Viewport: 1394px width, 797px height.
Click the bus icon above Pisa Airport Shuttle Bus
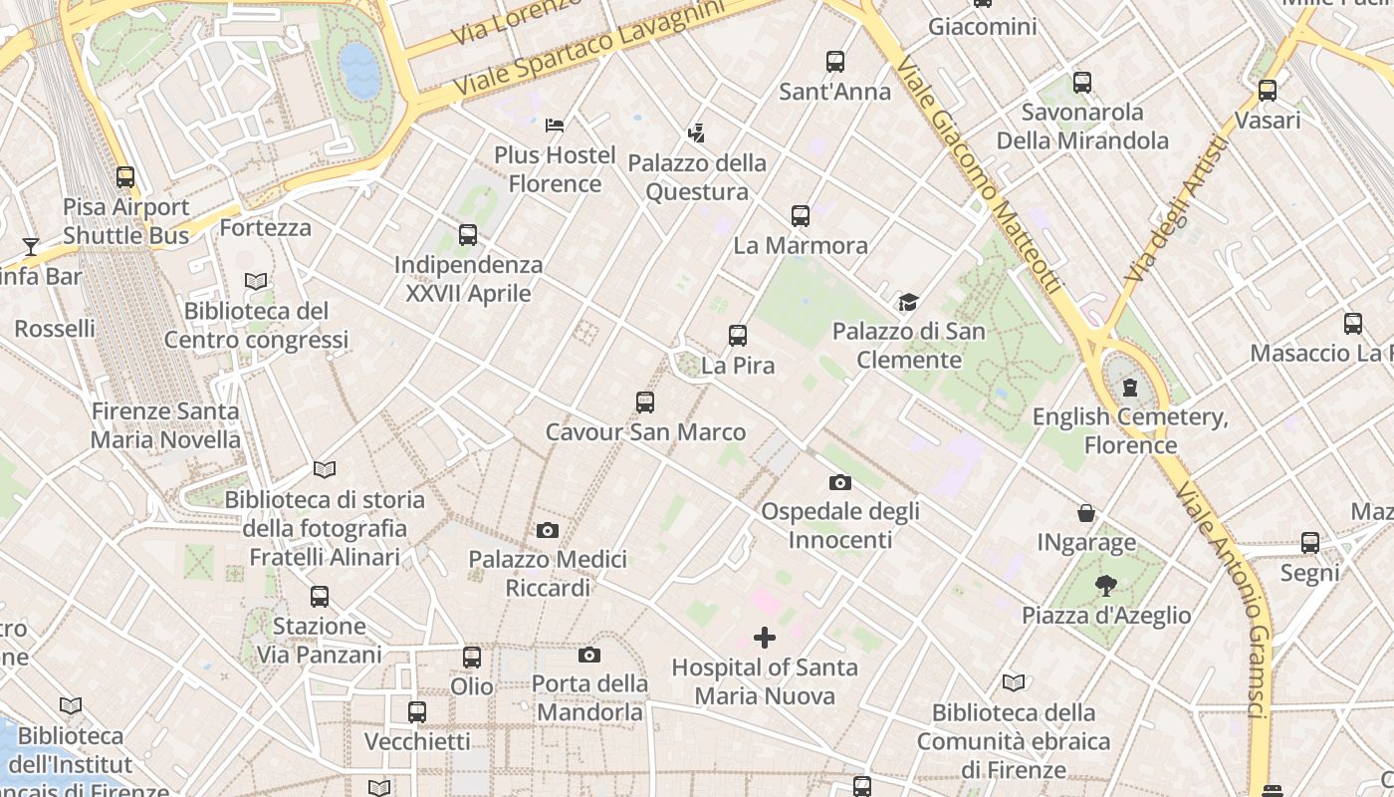[x=125, y=177]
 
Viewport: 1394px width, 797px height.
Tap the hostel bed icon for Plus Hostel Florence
[x=555, y=126]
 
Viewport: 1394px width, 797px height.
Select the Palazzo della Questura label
[x=697, y=177]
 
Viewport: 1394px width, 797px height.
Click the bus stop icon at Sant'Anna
[x=835, y=62]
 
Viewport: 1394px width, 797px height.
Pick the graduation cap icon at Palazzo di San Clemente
[x=908, y=302]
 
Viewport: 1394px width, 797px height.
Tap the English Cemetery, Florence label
[x=1130, y=430]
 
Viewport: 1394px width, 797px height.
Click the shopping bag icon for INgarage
[x=1086, y=513]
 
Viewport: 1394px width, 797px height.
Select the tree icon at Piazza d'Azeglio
[x=1105, y=586]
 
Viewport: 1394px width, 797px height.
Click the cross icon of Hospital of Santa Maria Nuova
[x=765, y=638]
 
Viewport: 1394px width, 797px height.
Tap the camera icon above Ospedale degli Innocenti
[x=840, y=482]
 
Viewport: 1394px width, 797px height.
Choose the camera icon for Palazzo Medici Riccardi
[x=548, y=530]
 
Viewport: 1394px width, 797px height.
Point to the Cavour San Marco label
[x=645, y=432]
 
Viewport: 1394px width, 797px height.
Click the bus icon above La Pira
[x=738, y=336]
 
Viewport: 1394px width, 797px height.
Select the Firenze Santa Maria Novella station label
[x=165, y=425]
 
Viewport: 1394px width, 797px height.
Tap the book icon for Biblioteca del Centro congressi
[x=256, y=282]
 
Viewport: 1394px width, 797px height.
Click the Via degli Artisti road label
[x=1176, y=209]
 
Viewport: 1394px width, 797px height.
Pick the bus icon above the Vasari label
[x=1268, y=91]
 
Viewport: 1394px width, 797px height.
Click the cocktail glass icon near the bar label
[x=31, y=246]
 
